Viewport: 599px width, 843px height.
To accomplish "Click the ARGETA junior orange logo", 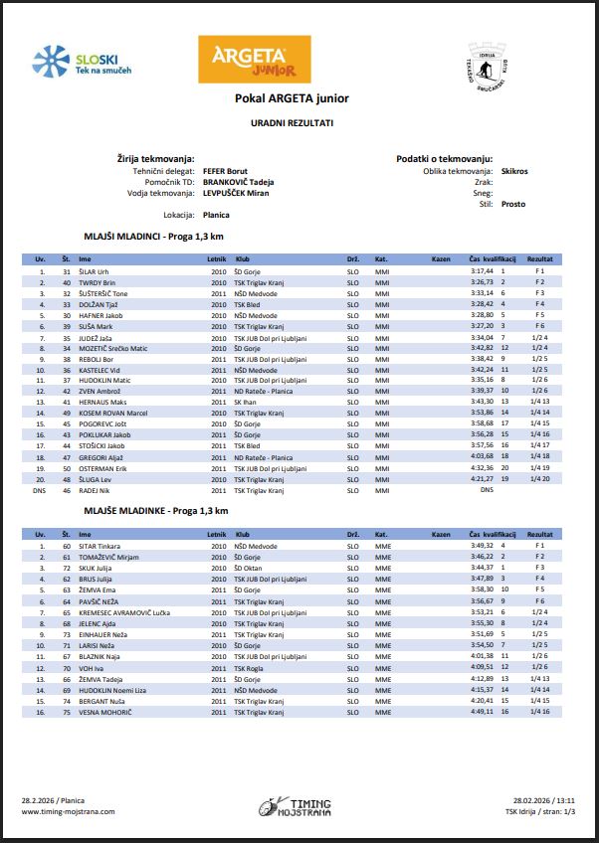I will [249, 61].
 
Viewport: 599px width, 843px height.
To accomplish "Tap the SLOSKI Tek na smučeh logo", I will [83, 63].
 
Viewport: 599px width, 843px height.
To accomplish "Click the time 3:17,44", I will [482, 270].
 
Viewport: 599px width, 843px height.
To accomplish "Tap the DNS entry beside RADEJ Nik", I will [487, 490].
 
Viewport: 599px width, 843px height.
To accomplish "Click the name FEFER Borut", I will [225, 171].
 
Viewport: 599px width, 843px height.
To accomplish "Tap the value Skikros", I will [515, 171].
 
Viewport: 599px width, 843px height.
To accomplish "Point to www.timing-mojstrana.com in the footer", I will [68, 811].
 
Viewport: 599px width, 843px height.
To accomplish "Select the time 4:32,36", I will [482, 467].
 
